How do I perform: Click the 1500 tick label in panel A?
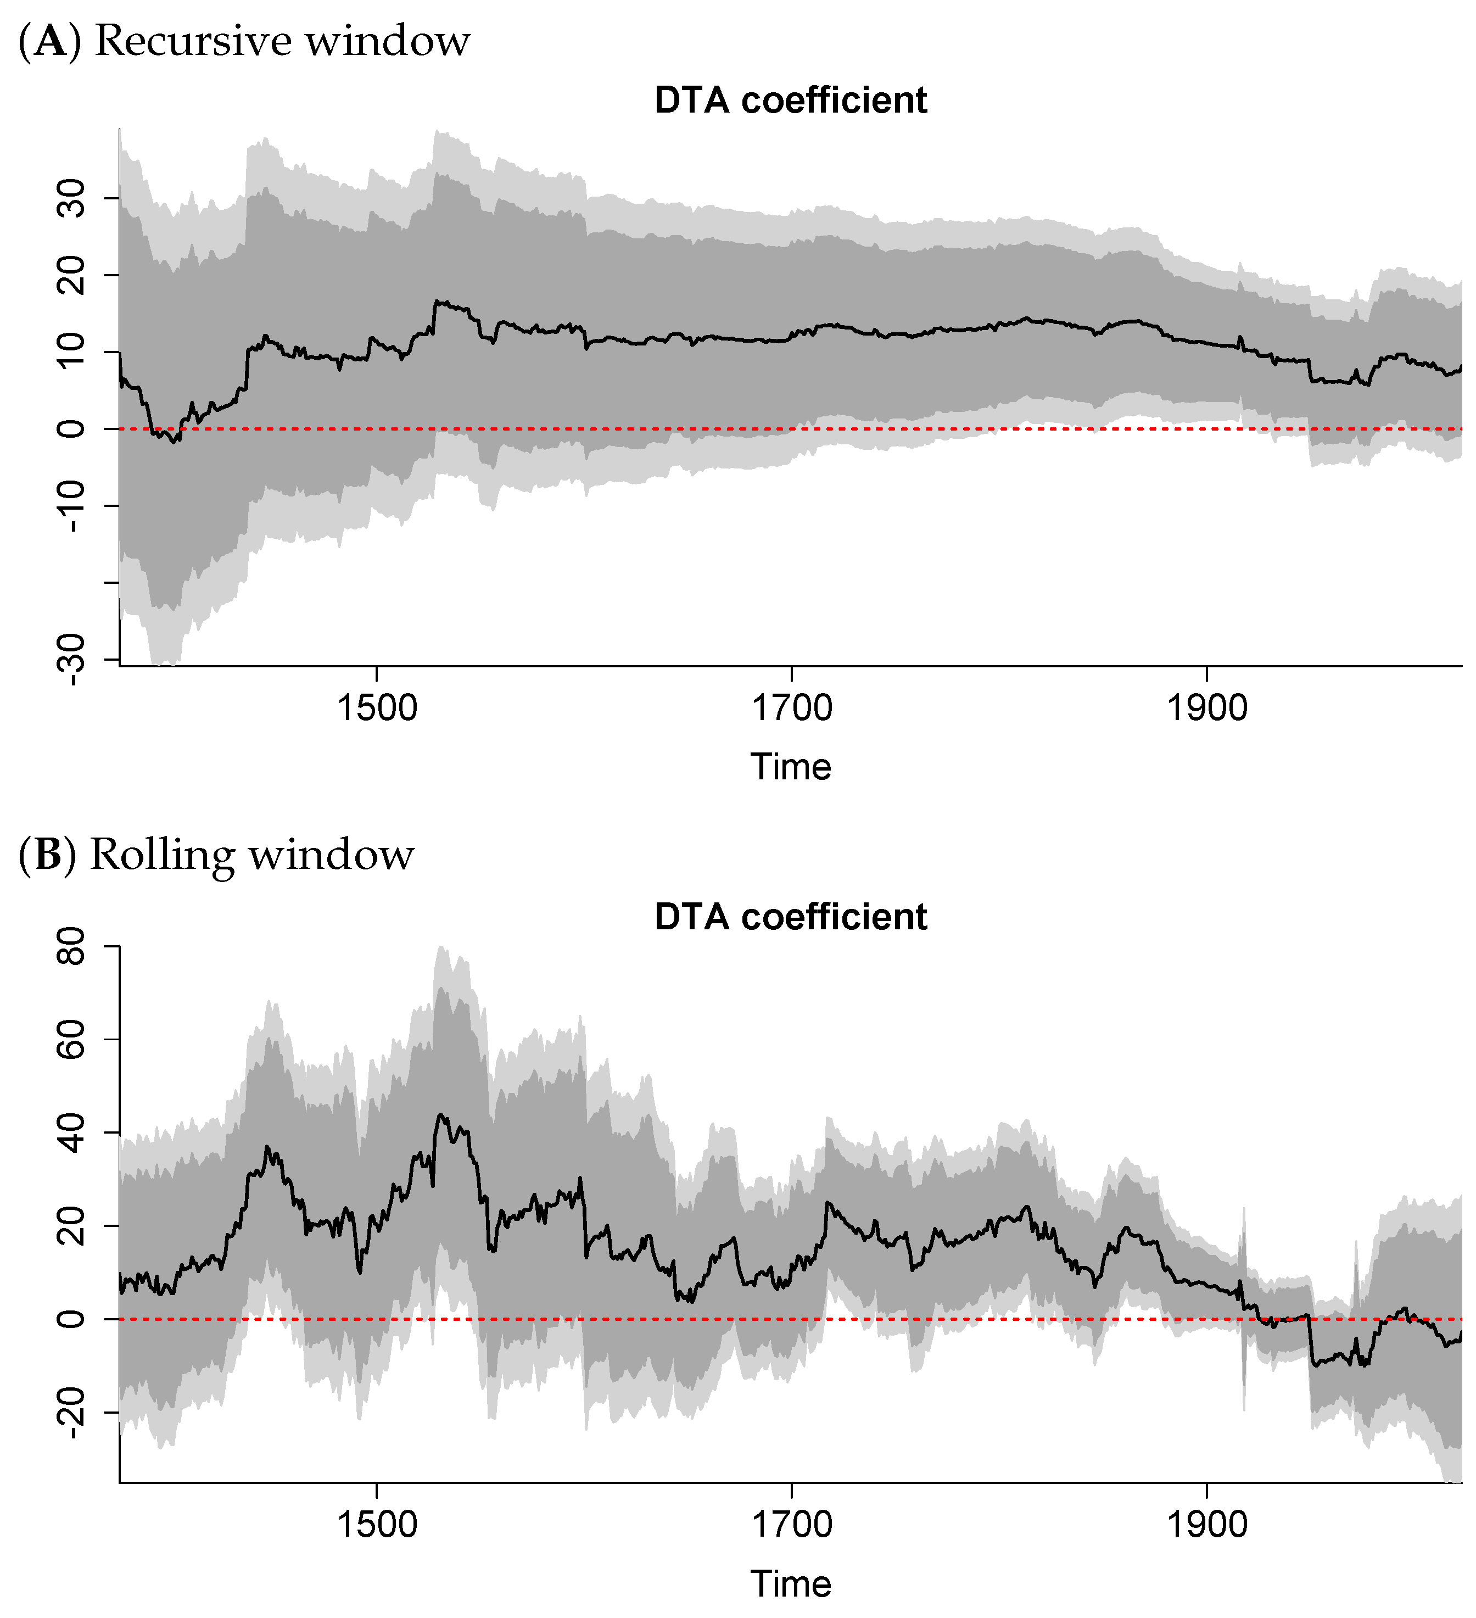(377, 708)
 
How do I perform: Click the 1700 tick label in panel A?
(791, 708)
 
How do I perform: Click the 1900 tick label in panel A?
(1206, 708)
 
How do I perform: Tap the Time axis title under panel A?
(791, 767)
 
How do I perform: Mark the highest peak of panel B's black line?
(440, 1115)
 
